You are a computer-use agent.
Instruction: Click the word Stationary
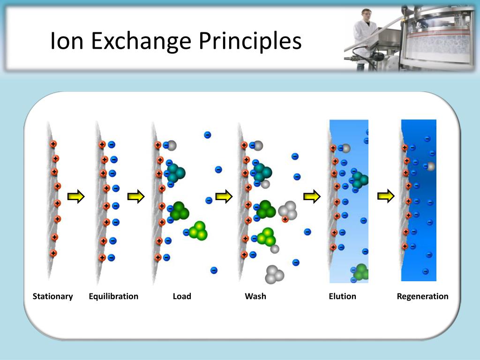point(53,296)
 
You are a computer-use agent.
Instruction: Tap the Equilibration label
point(113,296)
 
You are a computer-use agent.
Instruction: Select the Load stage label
point(182,296)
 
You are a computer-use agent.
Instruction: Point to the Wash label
point(255,296)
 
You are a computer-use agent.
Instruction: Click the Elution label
point(342,296)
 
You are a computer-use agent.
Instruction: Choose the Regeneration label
point(422,296)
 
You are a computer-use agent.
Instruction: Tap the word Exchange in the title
point(141,41)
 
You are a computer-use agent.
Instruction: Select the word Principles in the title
point(249,41)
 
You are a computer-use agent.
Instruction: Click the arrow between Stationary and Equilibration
point(75,196)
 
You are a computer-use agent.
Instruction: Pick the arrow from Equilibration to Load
point(136,196)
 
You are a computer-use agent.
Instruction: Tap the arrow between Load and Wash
point(224,196)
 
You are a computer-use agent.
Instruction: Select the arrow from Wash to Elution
point(312,196)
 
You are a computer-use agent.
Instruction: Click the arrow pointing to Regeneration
point(386,196)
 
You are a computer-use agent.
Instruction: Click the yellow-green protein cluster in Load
point(199,230)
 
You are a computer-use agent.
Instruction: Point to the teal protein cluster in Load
point(175,172)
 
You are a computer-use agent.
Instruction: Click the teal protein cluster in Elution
point(360,180)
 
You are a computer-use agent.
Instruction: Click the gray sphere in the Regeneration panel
point(431,166)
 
